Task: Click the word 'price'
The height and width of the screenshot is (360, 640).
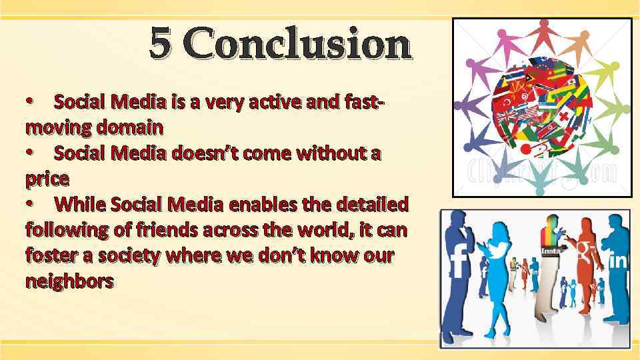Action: [x=47, y=179]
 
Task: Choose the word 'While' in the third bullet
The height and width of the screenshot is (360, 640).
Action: [x=79, y=203]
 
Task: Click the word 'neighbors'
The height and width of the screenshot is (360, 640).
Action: [x=69, y=281]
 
